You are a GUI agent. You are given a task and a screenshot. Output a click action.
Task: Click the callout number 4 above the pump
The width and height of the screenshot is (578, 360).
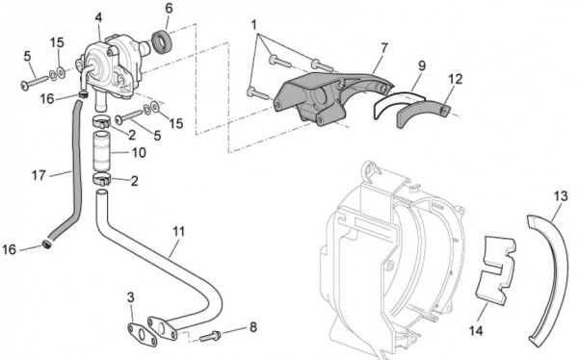click(98, 17)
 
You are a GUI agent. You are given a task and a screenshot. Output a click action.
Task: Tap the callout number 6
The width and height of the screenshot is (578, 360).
click(169, 8)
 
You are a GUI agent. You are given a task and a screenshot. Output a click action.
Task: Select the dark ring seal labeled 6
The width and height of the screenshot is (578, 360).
click(161, 41)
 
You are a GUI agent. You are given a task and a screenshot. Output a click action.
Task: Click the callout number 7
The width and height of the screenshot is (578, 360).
click(384, 48)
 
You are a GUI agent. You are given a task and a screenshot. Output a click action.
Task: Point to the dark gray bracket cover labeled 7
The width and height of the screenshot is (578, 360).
click(325, 97)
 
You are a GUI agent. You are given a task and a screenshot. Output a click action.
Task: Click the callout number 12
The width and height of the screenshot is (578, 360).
click(456, 79)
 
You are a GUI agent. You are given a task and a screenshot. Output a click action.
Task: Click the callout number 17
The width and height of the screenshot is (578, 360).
click(39, 175)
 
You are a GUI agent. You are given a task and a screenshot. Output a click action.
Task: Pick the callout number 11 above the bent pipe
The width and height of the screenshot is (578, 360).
click(179, 231)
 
